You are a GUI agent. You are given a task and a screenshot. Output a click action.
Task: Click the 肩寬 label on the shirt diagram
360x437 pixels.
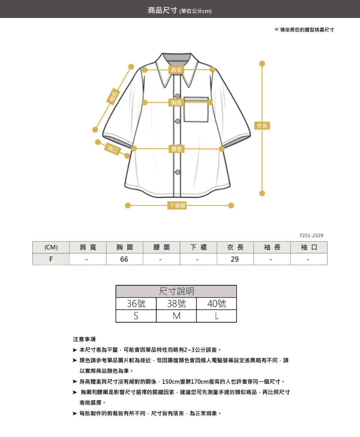click(x=176, y=70)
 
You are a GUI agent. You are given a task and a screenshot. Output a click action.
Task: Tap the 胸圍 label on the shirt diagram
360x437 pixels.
click(x=176, y=103)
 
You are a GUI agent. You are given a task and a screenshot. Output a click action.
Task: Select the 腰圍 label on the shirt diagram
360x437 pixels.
click(x=176, y=149)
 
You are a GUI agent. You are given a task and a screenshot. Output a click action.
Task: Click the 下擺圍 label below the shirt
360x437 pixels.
click(x=177, y=205)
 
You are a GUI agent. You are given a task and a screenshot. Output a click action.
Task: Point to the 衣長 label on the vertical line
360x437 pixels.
click(x=262, y=126)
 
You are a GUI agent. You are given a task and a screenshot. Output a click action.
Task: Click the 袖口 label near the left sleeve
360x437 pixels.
click(x=113, y=149)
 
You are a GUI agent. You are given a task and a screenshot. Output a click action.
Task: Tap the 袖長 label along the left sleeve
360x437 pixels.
click(x=113, y=96)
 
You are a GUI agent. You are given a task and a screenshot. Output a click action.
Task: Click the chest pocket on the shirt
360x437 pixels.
click(x=196, y=109)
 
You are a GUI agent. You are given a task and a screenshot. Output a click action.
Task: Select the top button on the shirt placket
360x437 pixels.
click(x=178, y=96)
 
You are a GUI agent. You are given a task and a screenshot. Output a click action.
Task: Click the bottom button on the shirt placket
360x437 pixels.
click(x=178, y=172)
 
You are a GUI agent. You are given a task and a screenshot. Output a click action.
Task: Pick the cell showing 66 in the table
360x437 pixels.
click(x=125, y=259)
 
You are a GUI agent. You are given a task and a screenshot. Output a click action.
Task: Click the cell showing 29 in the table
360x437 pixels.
click(x=235, y=259)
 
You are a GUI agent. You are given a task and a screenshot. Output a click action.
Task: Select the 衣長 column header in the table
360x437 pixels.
click(x=235, y=247)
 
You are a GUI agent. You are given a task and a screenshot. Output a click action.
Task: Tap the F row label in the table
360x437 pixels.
click(x=51, y=259)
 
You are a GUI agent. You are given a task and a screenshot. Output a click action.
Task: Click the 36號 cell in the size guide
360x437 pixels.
click(x=136, y=304)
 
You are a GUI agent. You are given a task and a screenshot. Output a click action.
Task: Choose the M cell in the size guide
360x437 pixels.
click(x=176, y=316)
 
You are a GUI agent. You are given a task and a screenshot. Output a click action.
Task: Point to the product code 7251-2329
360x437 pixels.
click(x=311, y=235)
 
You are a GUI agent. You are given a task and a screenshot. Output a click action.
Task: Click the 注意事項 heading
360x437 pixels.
click(x=84, y=339)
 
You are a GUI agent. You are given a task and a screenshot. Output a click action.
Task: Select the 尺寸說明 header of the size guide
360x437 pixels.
click(x=176, y=291)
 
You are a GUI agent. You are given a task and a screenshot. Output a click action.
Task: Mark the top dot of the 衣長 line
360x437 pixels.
click(x=262, y=63)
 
